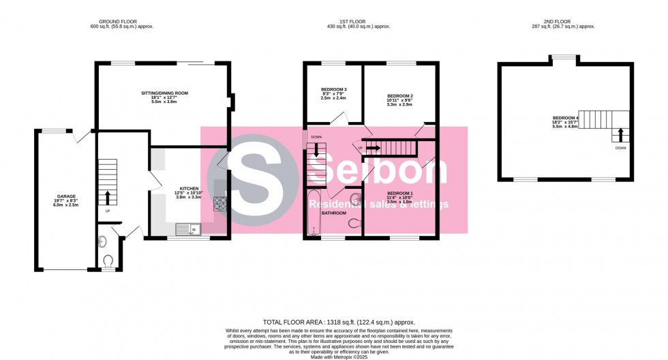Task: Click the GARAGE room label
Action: pos(66,196)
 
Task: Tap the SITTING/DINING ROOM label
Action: pos(164,93)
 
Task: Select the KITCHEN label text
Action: pos(189,188)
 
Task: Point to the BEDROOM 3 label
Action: pos(334,89)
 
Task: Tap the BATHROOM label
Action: pos(334,213)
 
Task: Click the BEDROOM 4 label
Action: pos(566,118)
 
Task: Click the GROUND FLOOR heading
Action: pos(112,21)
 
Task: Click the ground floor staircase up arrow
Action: pos(108,198)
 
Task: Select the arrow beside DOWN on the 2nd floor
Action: pos(620,134)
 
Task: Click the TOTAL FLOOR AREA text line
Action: pos(339,322)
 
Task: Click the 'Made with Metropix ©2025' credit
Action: pos(339,356)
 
